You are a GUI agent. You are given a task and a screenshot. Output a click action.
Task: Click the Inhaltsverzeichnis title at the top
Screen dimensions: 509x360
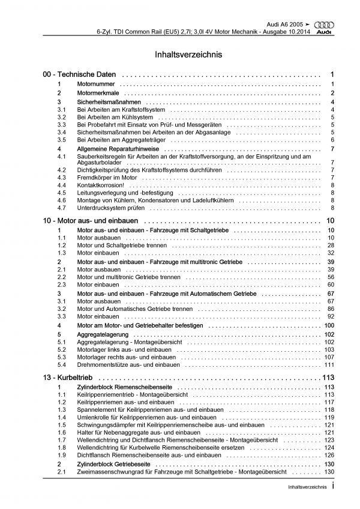(179, 54)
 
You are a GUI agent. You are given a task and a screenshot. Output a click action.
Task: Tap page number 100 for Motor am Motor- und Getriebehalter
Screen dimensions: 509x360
(328, 325)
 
